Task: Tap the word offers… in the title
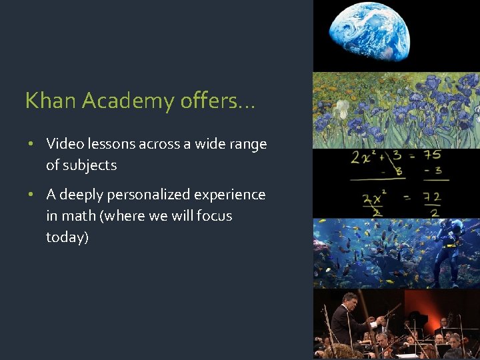click(x=217, y=101)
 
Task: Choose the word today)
click(x=67, y=237)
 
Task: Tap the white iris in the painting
click(x=342, y=109)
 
